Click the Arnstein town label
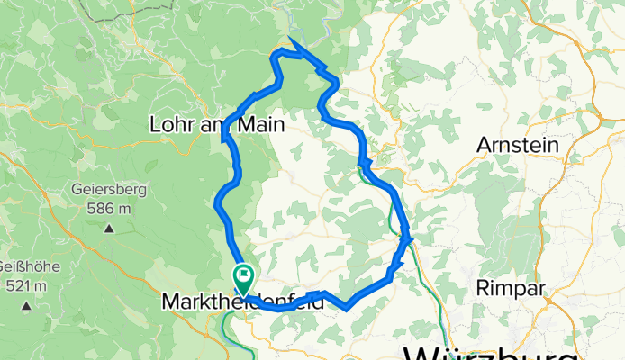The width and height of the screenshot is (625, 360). pyautogui.click(x=517, y=144)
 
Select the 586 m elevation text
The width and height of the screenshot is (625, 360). pyautogui.click(x=109, y=209)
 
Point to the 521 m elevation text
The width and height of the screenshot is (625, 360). pyautogui.click(x=26, y=285)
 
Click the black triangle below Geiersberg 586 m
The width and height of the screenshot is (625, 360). pyautogui.click(x=109, y=229)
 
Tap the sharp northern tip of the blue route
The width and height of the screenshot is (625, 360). pyautogui.click(x=291, y=39)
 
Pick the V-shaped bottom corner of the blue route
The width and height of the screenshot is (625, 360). pyautogui.click(x=347, y=309)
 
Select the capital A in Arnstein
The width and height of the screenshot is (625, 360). pyautogui.click(x=484, y=144)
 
